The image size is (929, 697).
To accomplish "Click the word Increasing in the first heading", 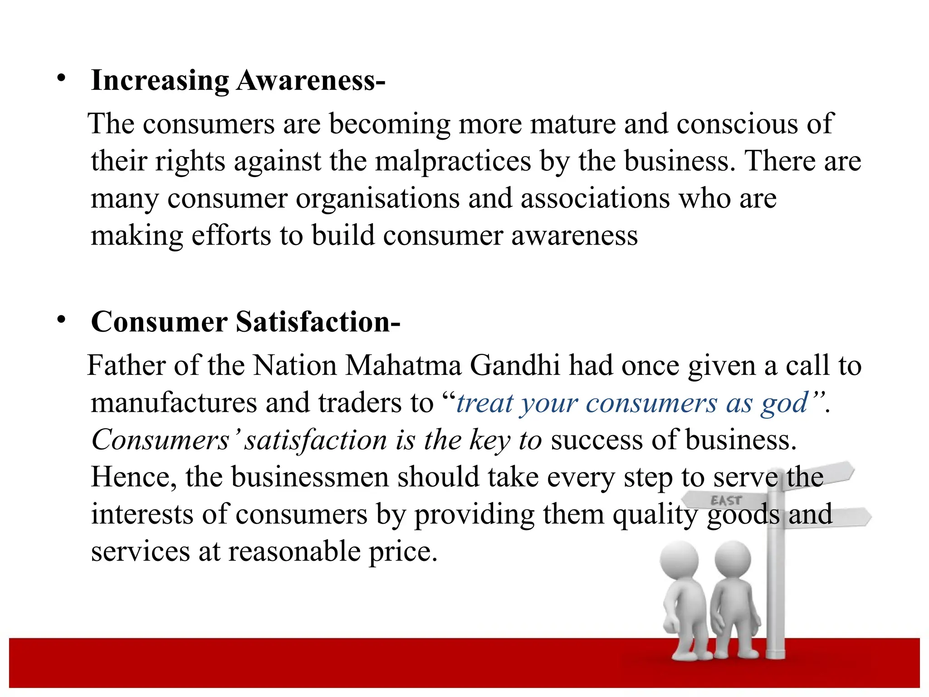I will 160,81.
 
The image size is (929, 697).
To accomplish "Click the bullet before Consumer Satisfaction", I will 61,320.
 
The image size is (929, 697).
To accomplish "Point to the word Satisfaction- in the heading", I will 318,322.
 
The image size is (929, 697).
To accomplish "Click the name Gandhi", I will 515,365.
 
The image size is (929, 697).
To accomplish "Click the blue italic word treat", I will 484,403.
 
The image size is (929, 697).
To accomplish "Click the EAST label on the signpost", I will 726,501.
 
